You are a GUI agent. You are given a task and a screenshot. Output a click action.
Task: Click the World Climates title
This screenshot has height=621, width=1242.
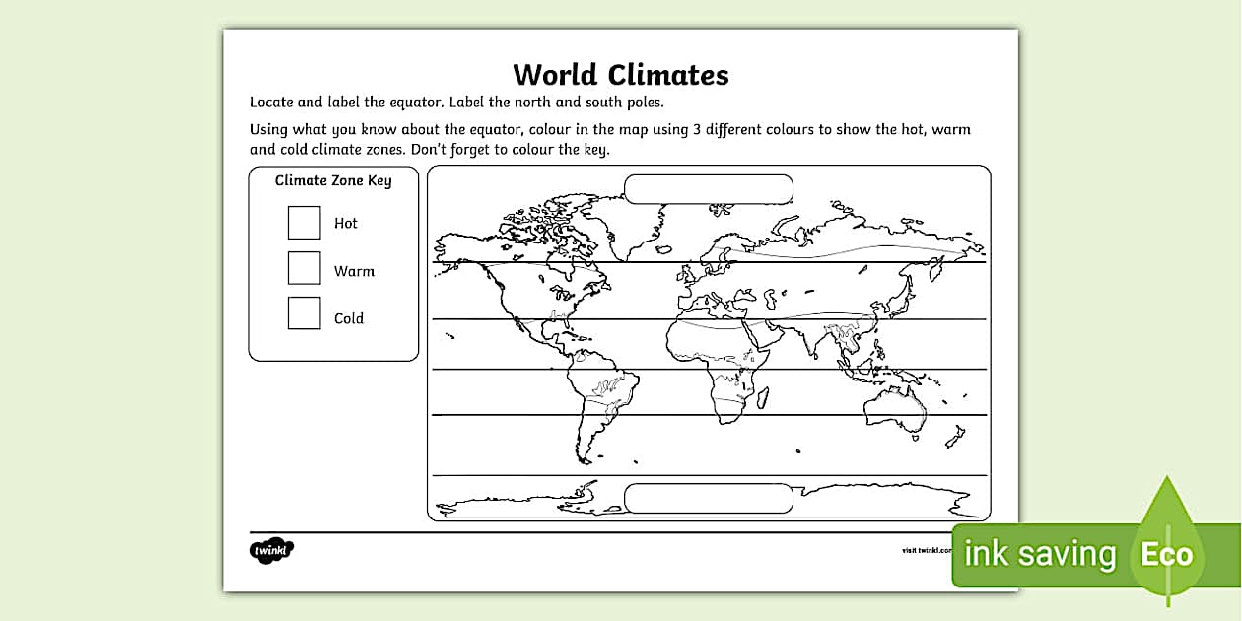point(620,75)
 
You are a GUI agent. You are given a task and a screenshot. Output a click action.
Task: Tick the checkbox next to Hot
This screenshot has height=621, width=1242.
point(304,223)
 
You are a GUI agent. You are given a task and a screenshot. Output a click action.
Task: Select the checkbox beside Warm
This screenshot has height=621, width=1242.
point(304,268)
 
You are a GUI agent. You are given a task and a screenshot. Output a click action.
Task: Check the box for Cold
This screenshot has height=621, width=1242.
point(304,313)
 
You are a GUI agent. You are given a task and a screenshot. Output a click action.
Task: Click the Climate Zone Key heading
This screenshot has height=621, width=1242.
point(333,180)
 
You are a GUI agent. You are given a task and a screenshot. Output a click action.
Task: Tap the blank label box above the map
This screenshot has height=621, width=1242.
point(709,189)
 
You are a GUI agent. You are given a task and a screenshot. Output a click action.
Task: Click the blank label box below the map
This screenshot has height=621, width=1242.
point(709,498)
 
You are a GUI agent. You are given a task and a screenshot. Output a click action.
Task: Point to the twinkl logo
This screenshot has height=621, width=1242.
point(272,550)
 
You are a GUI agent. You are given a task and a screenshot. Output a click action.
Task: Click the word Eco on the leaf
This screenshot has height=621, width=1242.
point(1167,554)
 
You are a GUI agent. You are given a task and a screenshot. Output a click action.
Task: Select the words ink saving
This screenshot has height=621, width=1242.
point(1039,554)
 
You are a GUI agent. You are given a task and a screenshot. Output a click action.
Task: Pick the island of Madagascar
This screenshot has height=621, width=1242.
point(762,396)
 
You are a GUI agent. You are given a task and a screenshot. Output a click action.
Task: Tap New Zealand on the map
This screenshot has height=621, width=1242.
point(955,436)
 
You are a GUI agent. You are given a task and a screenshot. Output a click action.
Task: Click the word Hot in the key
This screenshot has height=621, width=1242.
point(346,223)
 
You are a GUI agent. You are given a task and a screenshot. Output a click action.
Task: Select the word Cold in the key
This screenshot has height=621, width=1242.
point(349,318)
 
